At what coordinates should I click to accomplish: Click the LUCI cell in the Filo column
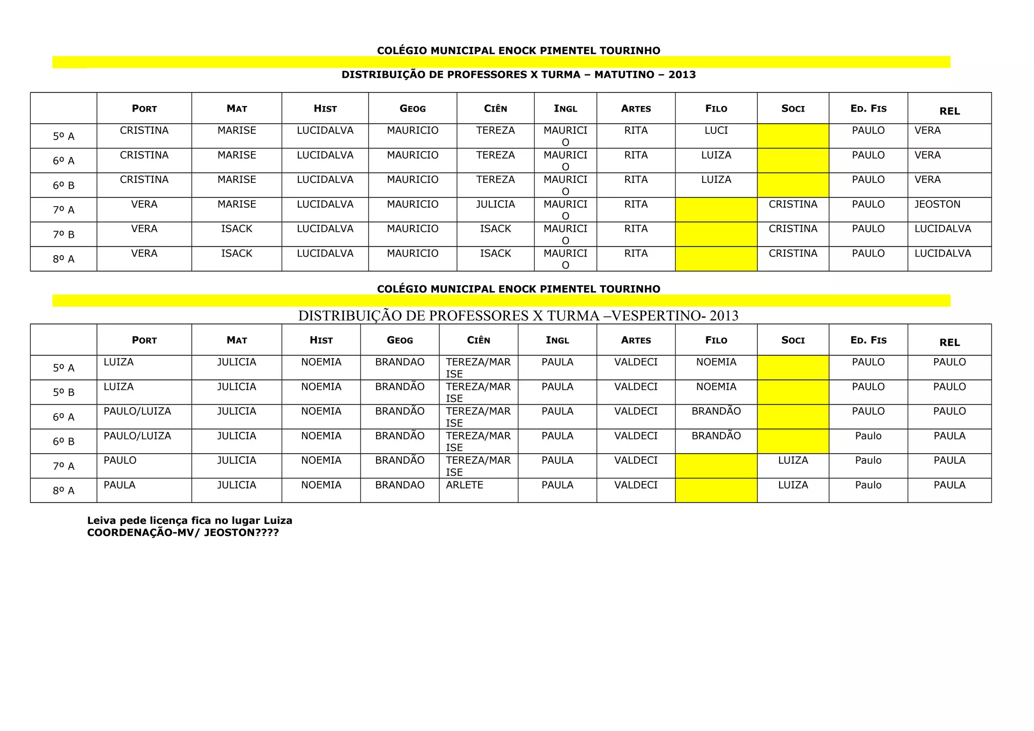pyautogui.click(x=716, y=131)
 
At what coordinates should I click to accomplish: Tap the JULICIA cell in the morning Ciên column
pyautogui.click(x=495, y=205)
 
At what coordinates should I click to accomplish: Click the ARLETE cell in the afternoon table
pyautogui.click(x=464, y=485)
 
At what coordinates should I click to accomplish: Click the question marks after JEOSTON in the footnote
pyautogui.click(x=267, y=533)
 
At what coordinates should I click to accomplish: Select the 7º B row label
pyautogui.click(x=64, y=235)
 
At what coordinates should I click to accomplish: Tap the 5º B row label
pyautogui.click(x=64, y=393)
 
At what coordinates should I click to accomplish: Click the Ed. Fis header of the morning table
pyautogui.click(x=868, y=109)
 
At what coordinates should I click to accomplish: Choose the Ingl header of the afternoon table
pyautogui.click(x=557, y=340)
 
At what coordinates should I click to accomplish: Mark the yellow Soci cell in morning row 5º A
pyautogui.click(x=793, y=136)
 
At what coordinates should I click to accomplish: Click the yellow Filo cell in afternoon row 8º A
pyautogui.click(x=716, y=491)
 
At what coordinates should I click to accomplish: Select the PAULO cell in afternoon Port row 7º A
pyautogui.click(x=120, y=461)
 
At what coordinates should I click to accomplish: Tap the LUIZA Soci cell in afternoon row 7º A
pyautogui.click(x=793, y=461)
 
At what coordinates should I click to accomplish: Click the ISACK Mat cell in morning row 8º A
pyautogui.click(x=236, y=254)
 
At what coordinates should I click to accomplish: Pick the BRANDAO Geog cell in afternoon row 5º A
pyautogui.click(x=399, y=362)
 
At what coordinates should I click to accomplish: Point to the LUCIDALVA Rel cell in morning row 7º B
pyautogui.click(x=943, y=229)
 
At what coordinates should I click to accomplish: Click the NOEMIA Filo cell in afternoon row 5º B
pyautogui.click(x=716, y=387)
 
